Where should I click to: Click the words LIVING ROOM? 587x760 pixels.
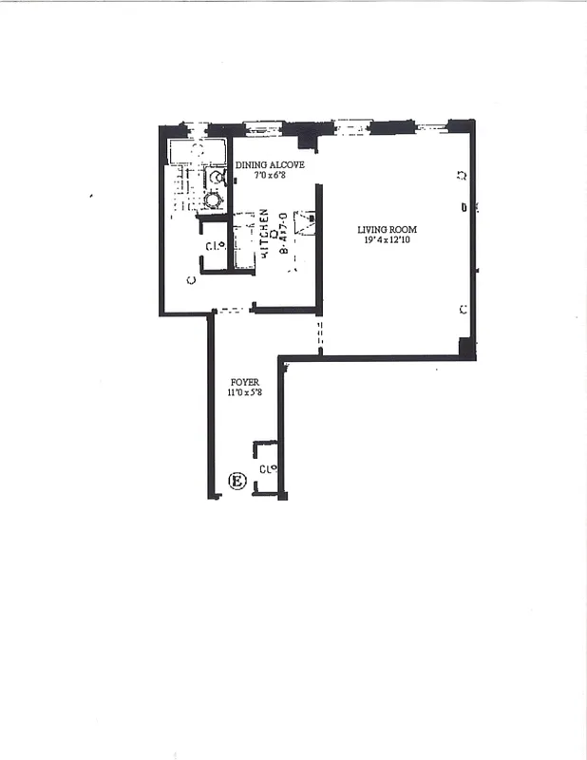point(387,229)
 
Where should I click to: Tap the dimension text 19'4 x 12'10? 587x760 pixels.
point(387,241)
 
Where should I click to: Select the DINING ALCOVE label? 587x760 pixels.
point(270,164)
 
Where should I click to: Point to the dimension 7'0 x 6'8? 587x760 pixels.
point(270,176)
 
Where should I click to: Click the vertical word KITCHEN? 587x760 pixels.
point(264,232)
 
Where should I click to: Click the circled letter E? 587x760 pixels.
point(237,482)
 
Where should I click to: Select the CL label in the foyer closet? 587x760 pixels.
point(267,468)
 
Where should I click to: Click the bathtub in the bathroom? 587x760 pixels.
point(197,151)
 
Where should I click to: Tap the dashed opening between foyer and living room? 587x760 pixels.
point(319,337)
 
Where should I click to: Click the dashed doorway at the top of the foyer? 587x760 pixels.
point(230,310)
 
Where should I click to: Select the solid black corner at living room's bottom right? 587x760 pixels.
point(465,348)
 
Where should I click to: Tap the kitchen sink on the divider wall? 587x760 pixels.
point(305,223)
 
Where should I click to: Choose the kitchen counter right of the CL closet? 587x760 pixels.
point(243,243)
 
